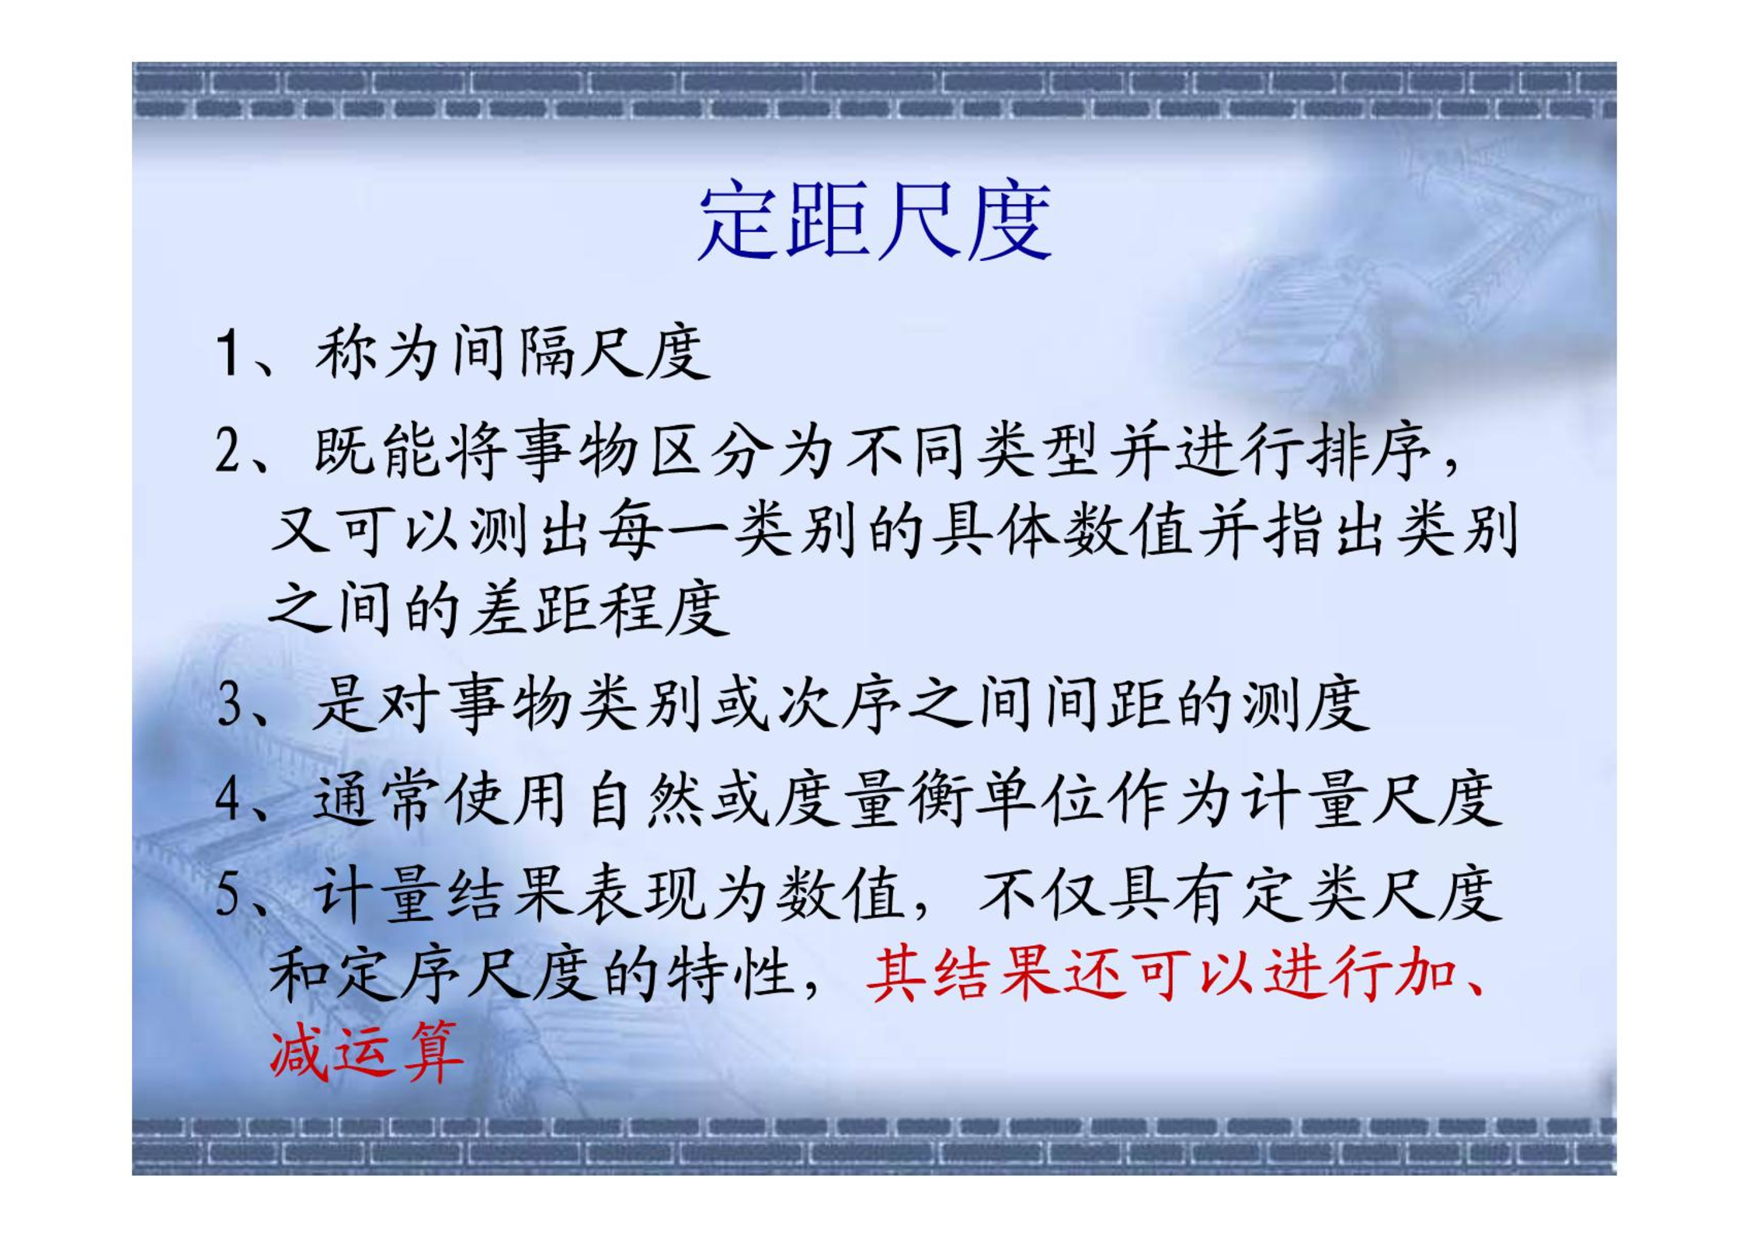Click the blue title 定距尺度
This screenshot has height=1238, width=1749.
(874, 220)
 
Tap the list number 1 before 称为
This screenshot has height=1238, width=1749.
(228, 353)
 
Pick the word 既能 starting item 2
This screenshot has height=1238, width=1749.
(377, 452)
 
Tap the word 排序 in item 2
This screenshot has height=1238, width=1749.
(1370, 452)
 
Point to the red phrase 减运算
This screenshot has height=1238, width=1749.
(367, 1052)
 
